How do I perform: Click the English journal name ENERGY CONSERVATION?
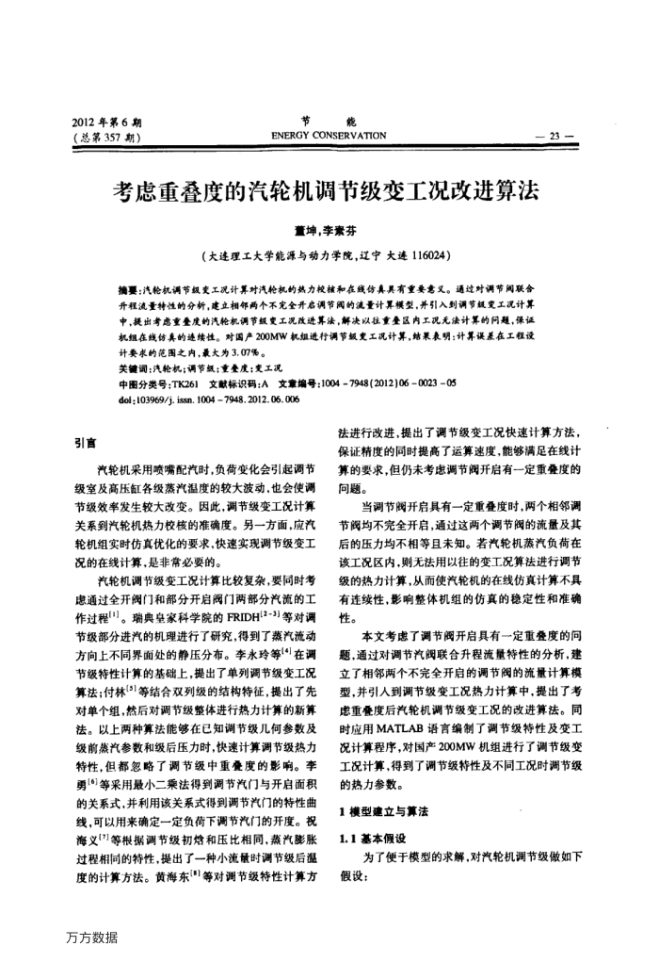(329, 136)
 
